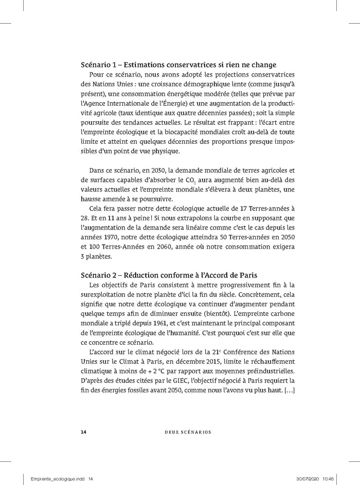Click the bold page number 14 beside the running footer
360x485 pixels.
coord(83,431)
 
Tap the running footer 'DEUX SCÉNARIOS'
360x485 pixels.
coord(179,431)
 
